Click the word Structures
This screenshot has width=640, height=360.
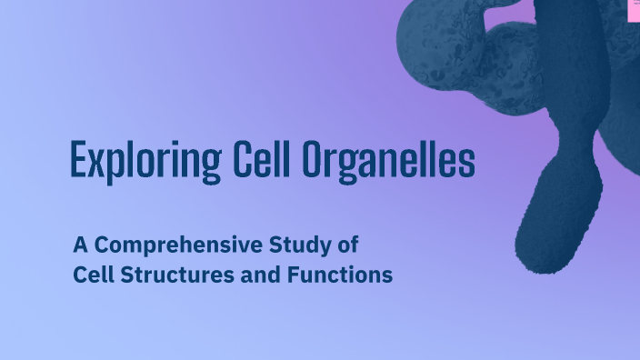click(x=175, y=275)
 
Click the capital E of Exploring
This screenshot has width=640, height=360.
click(x=78, y=161)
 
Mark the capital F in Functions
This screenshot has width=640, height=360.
click(x=293, y=275)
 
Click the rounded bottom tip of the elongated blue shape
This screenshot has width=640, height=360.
click(x=540, y=261)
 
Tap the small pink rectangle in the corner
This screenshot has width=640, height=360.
click(x=635, y=8)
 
